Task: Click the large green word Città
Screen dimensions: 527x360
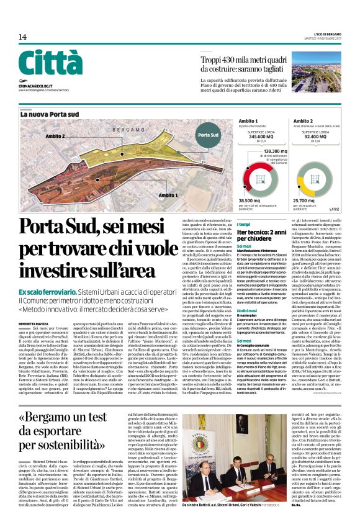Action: click(50, 63)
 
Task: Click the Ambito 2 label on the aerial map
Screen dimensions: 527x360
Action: click(55, 135)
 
